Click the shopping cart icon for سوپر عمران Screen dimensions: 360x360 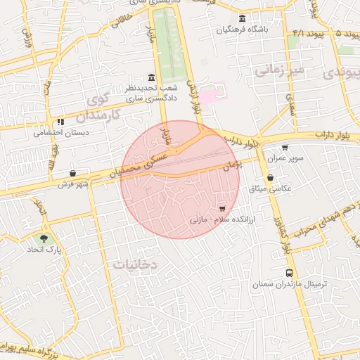pyautogui.click(x=284, y=148)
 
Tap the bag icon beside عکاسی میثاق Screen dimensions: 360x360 pyautogui.click(x=271, y=178)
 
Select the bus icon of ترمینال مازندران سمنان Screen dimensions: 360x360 pyautogui.click(x=289, y=273)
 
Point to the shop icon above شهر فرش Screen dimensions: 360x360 pyautogui.click(x=73, y=173)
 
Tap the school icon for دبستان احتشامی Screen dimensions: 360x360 pyautogui.click(x=61, y=122)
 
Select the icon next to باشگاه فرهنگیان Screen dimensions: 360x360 pyautogui.click(x=243, y=18)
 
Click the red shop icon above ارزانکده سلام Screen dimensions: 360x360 pyautogui.click(x=223, y=209)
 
